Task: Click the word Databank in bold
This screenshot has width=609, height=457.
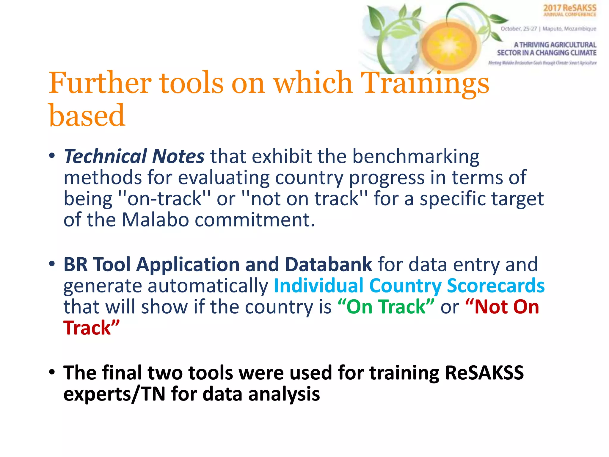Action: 328,264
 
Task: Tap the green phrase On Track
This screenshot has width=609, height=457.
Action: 386,307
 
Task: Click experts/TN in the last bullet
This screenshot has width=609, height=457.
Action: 114,394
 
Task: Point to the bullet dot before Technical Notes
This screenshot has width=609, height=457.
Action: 52,156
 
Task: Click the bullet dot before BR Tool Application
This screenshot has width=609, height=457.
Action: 52,264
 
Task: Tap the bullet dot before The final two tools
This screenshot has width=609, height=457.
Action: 52,372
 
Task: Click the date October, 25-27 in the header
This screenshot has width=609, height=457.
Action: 519,29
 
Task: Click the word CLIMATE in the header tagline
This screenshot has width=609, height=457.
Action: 583,53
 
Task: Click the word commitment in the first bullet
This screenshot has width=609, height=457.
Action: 255,220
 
